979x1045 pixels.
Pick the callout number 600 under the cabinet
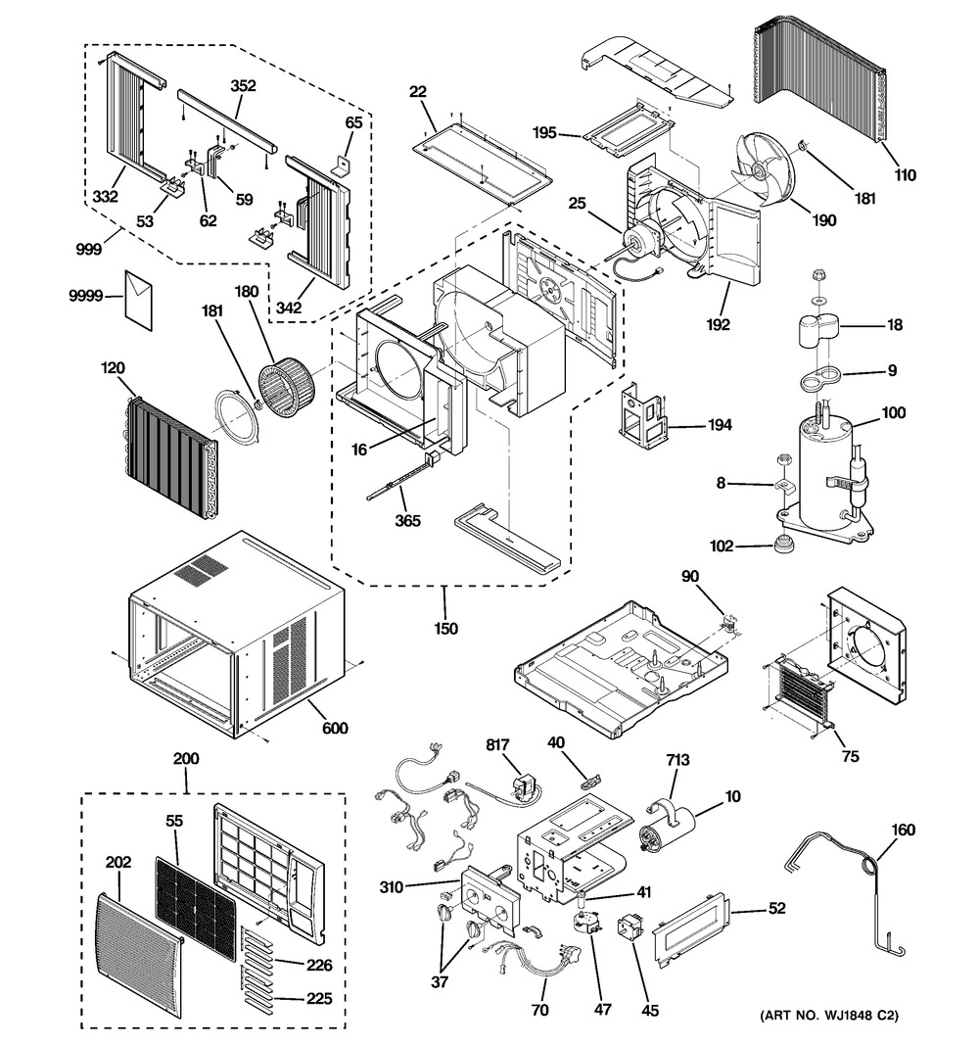pyautogui.click(x=334, y=728)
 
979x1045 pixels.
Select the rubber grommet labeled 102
pyautogui.click(x=785, y=543)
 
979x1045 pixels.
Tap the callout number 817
pyautogui.click(x=498, y=745)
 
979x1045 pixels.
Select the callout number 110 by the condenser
pyautogui.click(x=905, y=176)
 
